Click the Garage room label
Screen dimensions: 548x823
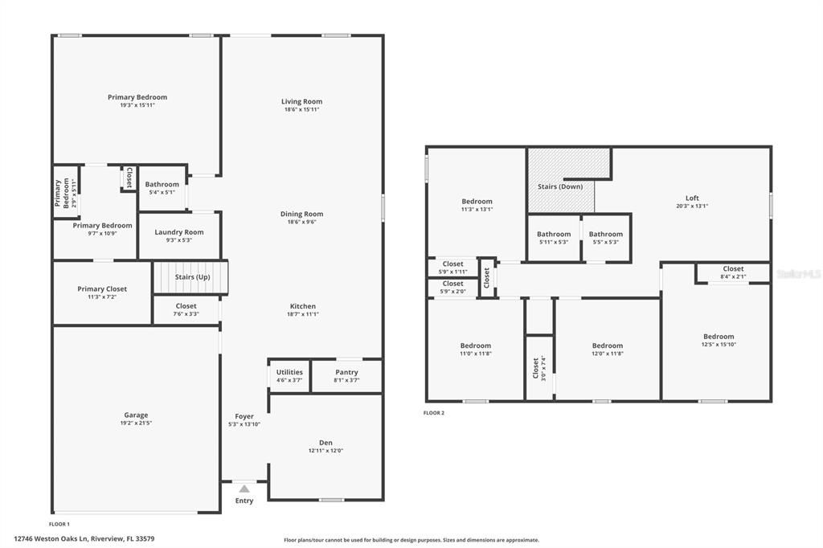coord(136,415)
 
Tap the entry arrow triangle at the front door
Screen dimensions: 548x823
coord(244,488)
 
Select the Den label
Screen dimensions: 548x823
coord(326,443)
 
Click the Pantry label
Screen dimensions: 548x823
coord(346,372)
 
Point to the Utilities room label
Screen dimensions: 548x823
coord(289,372)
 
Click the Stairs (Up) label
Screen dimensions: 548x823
coord(193,277)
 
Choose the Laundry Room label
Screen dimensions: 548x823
coord(179,232)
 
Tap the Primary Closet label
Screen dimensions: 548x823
coord(102,289)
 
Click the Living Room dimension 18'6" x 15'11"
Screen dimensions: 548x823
coord(302,110)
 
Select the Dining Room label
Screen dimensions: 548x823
coord(302,214)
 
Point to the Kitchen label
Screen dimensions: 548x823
coord(303,306)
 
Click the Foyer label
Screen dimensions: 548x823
coord(244,416)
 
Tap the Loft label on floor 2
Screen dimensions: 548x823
coord(692,198)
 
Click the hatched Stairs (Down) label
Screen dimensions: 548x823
coord(560,186)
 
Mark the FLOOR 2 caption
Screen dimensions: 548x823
coord(434,413)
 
